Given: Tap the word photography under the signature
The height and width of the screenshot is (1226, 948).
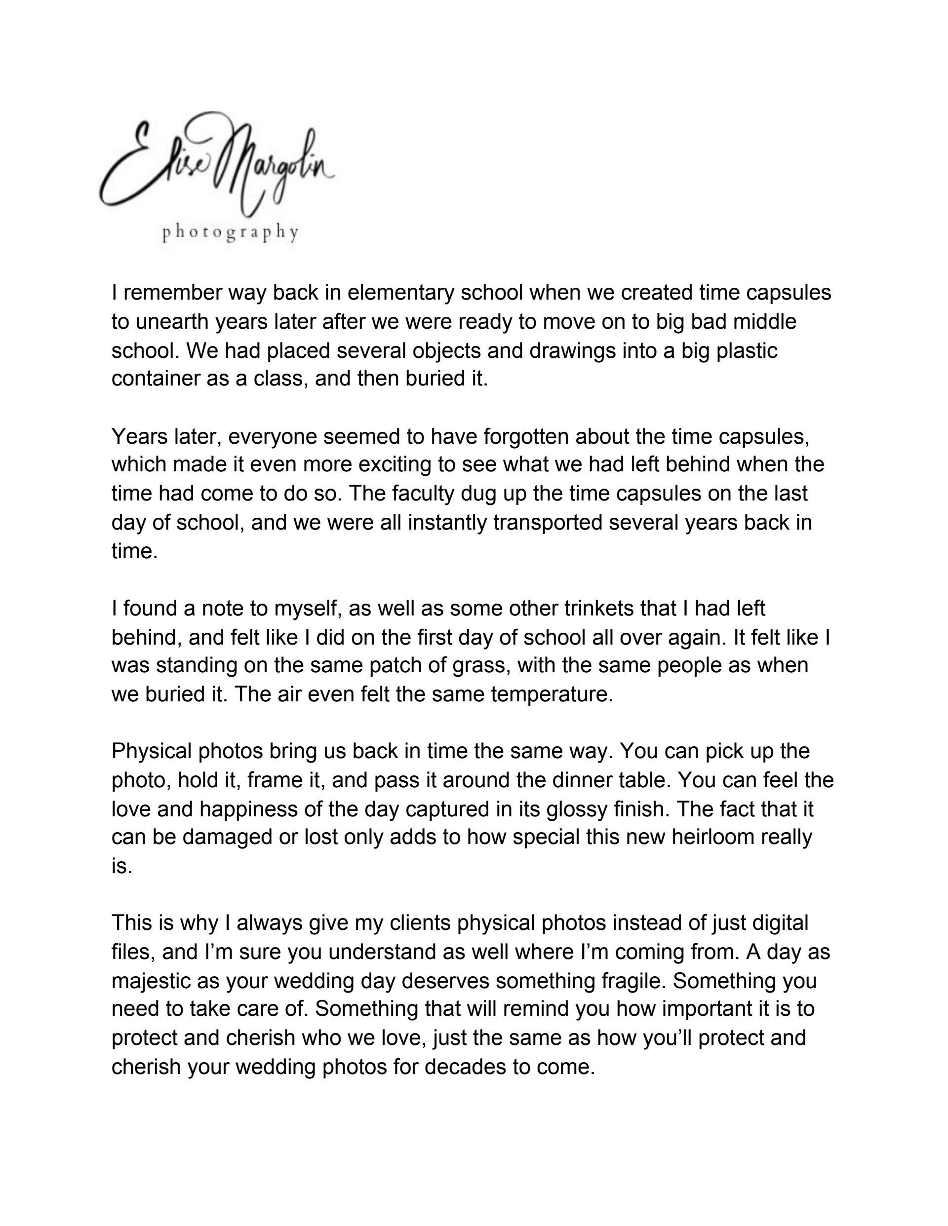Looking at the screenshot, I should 230,232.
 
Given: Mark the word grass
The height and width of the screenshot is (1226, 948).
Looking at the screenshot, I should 483,666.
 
